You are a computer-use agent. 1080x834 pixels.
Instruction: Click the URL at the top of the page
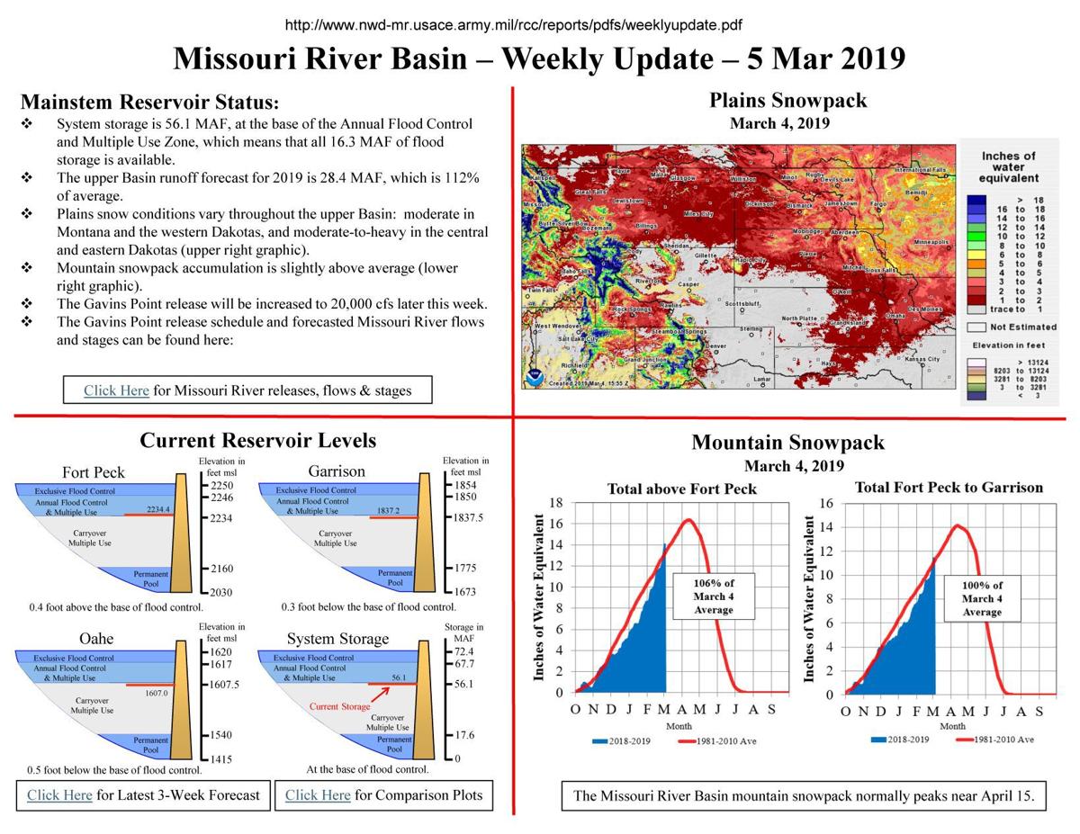513,25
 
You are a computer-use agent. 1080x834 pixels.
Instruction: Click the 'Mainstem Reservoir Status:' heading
149,102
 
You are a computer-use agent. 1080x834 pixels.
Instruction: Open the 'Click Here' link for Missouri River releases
116,390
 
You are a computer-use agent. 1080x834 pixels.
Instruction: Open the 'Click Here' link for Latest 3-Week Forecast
59,795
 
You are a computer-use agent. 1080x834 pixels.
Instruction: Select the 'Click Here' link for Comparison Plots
318,795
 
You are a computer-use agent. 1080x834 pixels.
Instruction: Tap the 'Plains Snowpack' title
787,100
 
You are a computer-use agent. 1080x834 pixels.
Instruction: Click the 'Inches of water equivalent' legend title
1008,167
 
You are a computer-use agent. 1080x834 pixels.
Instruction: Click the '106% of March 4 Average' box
713,596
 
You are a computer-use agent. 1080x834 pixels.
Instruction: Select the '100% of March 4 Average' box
982,597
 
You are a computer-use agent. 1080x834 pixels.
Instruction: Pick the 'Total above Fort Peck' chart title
681,489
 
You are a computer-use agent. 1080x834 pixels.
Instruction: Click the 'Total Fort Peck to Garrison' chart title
948,488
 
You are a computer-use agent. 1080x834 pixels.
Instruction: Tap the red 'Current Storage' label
339,706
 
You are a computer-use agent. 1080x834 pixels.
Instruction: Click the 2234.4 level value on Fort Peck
158,509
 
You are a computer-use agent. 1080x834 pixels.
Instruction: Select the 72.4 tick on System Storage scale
464,650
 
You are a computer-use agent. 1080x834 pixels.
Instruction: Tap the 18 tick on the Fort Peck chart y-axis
555,503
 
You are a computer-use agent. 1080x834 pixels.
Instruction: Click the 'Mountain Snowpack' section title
787,443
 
